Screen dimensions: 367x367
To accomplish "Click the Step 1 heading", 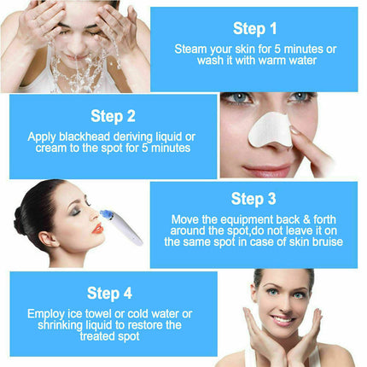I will tap(255, 29).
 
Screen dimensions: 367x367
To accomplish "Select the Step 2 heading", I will tap(113, 116).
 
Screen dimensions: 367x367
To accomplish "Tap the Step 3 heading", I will tap(253, 200).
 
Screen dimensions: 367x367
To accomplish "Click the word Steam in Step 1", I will tap(189, 50).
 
